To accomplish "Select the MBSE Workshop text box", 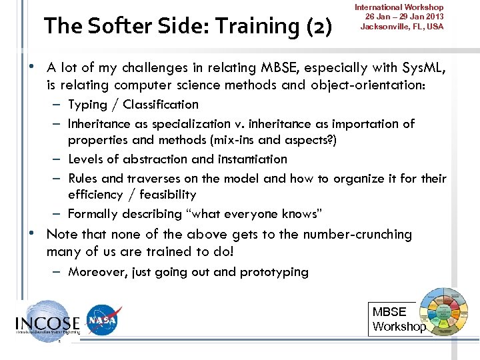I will tap(399, 319).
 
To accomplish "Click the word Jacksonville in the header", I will tap(387, 27).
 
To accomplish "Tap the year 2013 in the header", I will tap(431, 17).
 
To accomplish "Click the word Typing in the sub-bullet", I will tap(87, 105).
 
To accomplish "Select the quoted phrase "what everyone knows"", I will tap(255, 214).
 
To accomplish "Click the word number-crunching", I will tap(357, 235).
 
